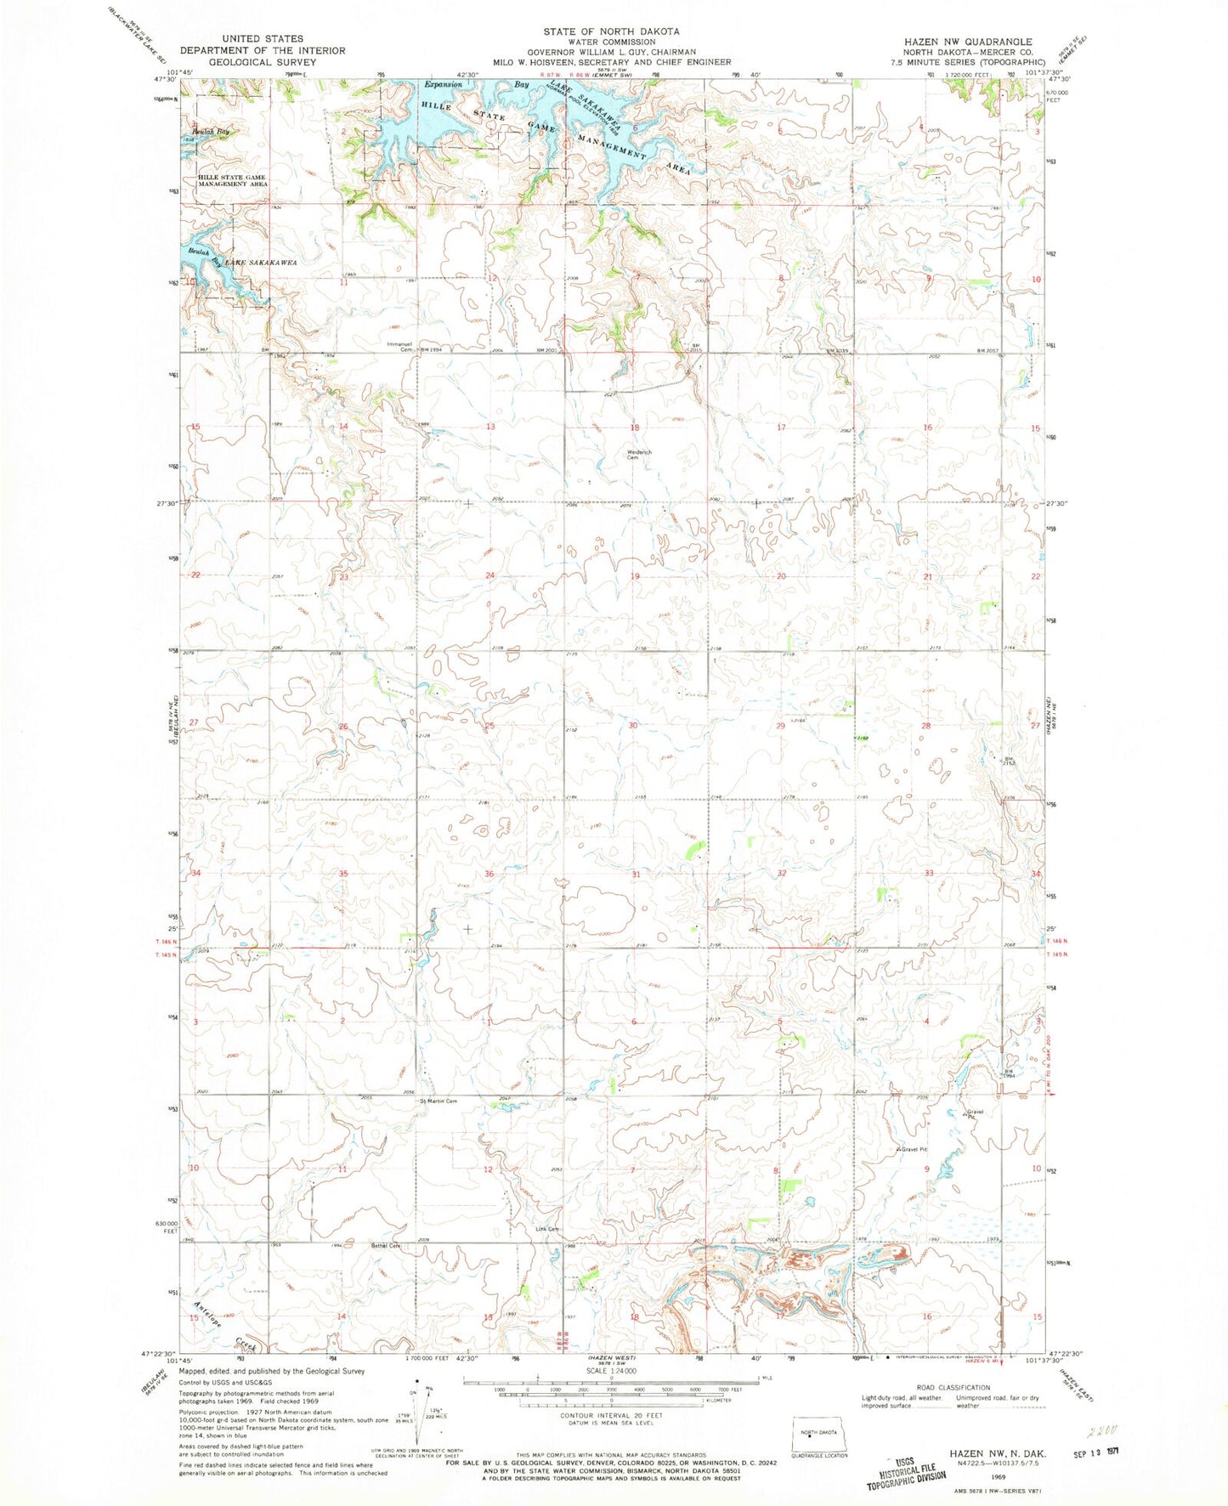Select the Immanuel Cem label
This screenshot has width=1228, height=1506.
coord(399,346)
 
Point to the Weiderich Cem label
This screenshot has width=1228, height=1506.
coord(639,455)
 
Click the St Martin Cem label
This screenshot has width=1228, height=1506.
coord(438,1101)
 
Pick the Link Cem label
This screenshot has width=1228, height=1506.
coord(547,1230)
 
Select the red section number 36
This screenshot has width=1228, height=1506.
coord(490,874)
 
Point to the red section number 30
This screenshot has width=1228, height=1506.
coord(633,726)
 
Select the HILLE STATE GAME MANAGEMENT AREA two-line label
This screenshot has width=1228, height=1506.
coord(233,180)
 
